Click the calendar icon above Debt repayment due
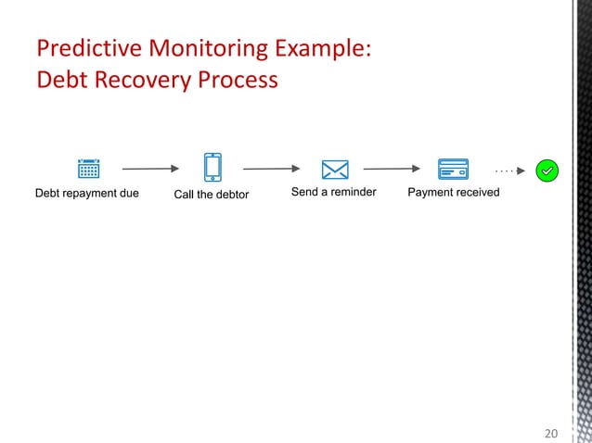(88, 169)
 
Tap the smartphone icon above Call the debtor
(212, 168)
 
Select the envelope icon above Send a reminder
(334, 170)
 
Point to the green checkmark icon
(547, 171)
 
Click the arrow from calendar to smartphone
(150, 170)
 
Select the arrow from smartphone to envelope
(272, 170)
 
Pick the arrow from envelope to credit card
(392, 170)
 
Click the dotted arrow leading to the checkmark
(510, 171)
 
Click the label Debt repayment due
(87, 193)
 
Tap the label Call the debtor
(212, 194)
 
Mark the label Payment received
(454, 192)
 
